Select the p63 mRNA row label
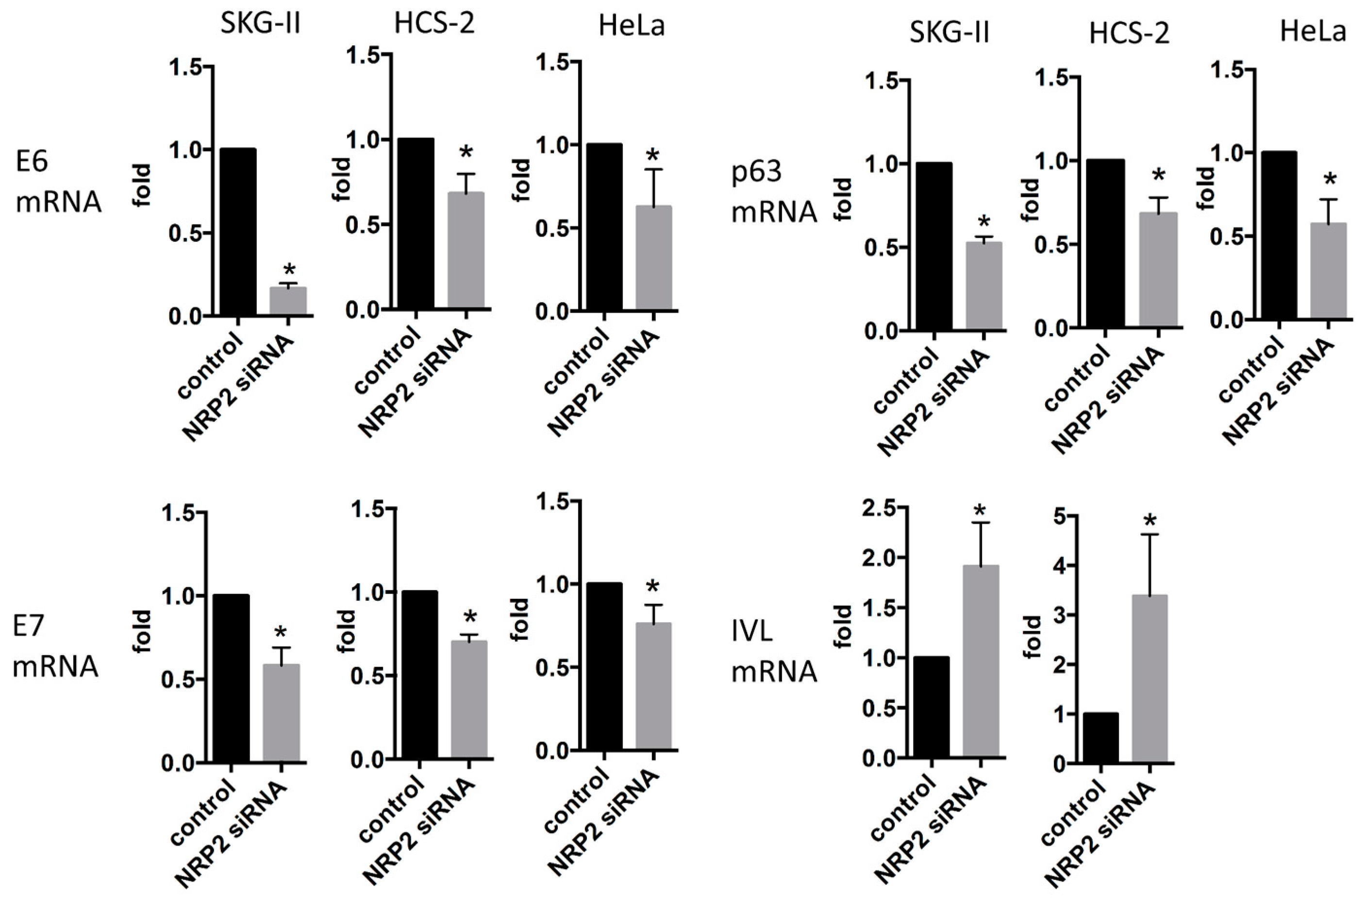click(x=774, y=191)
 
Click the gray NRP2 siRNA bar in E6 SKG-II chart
click(x=288, y=300)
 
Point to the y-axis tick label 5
click(x=1057, y=517)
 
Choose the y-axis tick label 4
click(x=1057, y=566)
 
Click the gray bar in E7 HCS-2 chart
click(x=469, y=699)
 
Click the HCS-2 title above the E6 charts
click(x=434, y=24)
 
